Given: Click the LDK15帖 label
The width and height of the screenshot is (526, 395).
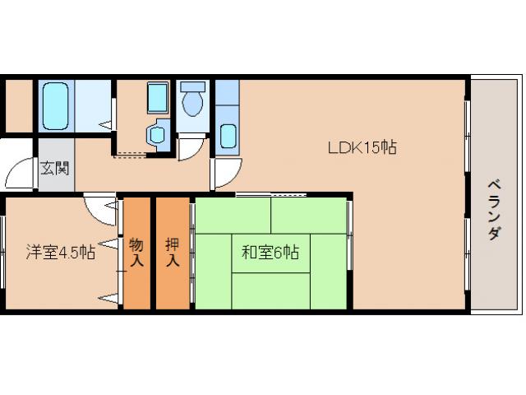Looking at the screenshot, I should click(x=362, y=148).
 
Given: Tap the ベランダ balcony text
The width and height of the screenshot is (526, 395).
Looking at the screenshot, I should click(x=494, y=209).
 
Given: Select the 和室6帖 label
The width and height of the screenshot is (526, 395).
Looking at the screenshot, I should click(x=270, y=253).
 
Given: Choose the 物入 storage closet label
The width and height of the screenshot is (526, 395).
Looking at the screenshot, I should click(x=136, y=253).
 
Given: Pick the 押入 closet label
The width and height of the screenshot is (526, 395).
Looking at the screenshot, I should click(x=172, y=253).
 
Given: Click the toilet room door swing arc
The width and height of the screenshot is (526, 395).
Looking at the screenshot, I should click(x=189, y=149).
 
